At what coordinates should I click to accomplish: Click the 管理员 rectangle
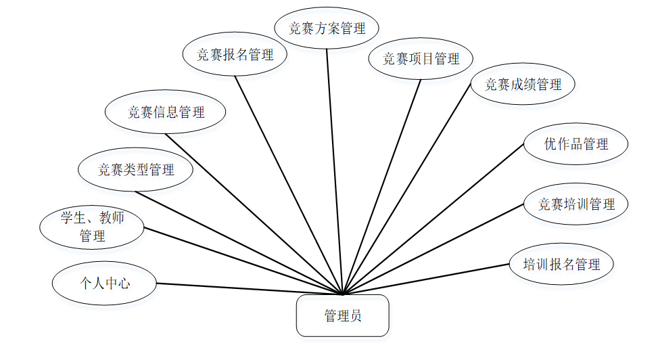342,315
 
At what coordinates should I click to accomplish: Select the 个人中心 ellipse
104,283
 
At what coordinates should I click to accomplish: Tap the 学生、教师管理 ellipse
92,227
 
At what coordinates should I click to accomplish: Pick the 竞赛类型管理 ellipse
136,169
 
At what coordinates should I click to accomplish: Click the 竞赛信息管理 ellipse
166,112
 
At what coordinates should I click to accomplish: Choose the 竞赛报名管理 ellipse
235,55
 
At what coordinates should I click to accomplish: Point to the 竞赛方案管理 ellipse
327,28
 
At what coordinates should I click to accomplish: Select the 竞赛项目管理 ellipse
421,59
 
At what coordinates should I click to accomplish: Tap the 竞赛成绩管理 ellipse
523,85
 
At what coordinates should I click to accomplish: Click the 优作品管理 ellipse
576,143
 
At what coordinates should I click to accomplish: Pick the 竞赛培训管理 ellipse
576,204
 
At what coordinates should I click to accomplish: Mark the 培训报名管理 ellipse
561,264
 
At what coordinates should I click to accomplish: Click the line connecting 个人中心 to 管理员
250,289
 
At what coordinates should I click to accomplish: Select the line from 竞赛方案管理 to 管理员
335,169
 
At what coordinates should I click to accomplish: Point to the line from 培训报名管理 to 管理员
426,279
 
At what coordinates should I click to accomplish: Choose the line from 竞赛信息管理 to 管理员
254,213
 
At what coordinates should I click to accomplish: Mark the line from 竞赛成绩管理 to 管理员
406,189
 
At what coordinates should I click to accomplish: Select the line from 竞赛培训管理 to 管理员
433,249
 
